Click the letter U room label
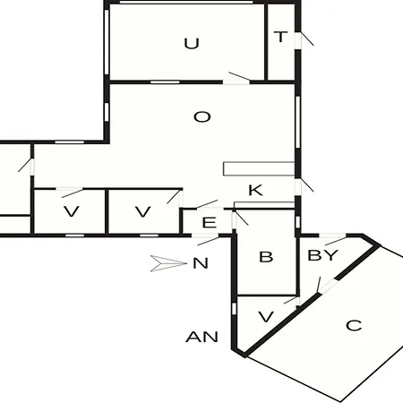point(192,44)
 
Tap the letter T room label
point(280,37)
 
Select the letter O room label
point(202,116)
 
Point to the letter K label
point(255,190)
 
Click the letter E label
point(210,223)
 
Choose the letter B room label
point(266,257)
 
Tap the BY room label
point(322,255)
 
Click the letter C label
point(354,325)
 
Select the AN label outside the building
point(202,337)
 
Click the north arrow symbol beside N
point(167,263)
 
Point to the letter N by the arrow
point(201,263)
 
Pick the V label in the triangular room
point(266,317)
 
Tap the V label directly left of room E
point(143,211)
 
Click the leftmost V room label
point(72,211)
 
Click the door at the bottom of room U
point(236,78)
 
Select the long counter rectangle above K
point(259,168)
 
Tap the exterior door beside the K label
point(304,185)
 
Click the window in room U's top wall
point(186,3)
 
